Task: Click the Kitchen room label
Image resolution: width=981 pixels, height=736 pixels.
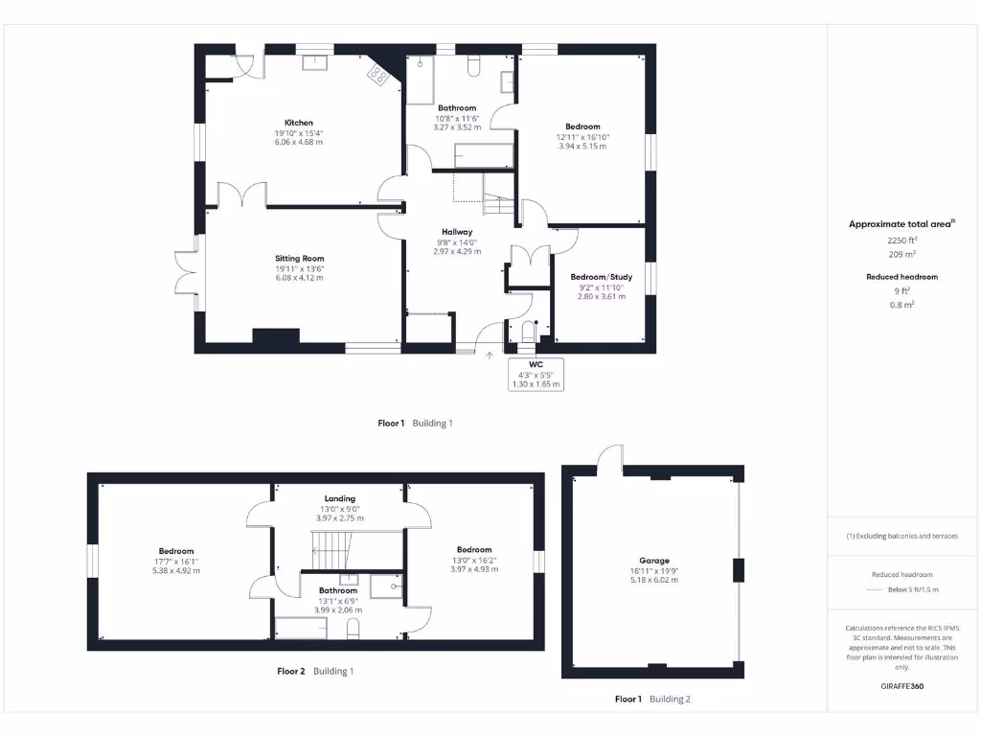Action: [298, 123]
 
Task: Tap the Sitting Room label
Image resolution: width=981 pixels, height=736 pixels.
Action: [299, 259]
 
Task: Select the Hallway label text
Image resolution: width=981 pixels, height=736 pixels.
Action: [457, 232]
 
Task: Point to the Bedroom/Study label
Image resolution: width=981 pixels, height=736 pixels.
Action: [601, 277]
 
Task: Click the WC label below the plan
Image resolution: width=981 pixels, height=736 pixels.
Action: [536, 364]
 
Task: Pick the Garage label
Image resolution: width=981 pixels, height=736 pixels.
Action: [654, 561]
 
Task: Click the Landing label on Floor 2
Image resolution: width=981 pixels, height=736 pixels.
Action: [339, 498]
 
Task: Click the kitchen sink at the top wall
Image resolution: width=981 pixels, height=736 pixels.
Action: [315, 63]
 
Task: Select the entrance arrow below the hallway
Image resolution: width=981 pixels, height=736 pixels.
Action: [490, 356]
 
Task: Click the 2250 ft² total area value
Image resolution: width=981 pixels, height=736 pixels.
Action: [901, 241]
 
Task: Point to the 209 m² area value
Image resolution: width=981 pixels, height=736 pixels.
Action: [901, 254]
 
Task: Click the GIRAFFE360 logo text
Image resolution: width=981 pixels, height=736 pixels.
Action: [901, 686]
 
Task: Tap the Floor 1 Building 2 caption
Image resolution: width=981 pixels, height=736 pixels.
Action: [651, 700]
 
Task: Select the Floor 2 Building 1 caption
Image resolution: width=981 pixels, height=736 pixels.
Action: [315, 671]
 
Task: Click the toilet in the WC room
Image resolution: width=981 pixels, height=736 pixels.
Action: [525, 333]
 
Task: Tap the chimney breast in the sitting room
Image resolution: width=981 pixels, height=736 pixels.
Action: [275, 337]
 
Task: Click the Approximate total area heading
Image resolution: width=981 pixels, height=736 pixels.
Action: [901, 224]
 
